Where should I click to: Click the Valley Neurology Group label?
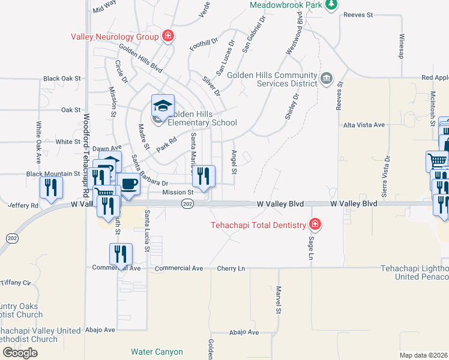click(115, 36)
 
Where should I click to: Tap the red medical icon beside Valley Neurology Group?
click(169, 36)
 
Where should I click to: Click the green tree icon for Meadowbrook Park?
click(330, 5)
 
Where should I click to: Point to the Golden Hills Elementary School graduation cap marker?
click(163, 106)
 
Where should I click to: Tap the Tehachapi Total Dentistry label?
click(258, 226)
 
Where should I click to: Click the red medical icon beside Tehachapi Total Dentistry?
click(313, 225)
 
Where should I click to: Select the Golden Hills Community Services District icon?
click(327, 78)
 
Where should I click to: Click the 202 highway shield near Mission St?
click(187, 205)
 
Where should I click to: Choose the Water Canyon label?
click(157, 352)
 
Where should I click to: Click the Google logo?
click(20, 352)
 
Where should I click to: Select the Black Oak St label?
click(62, 79)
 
